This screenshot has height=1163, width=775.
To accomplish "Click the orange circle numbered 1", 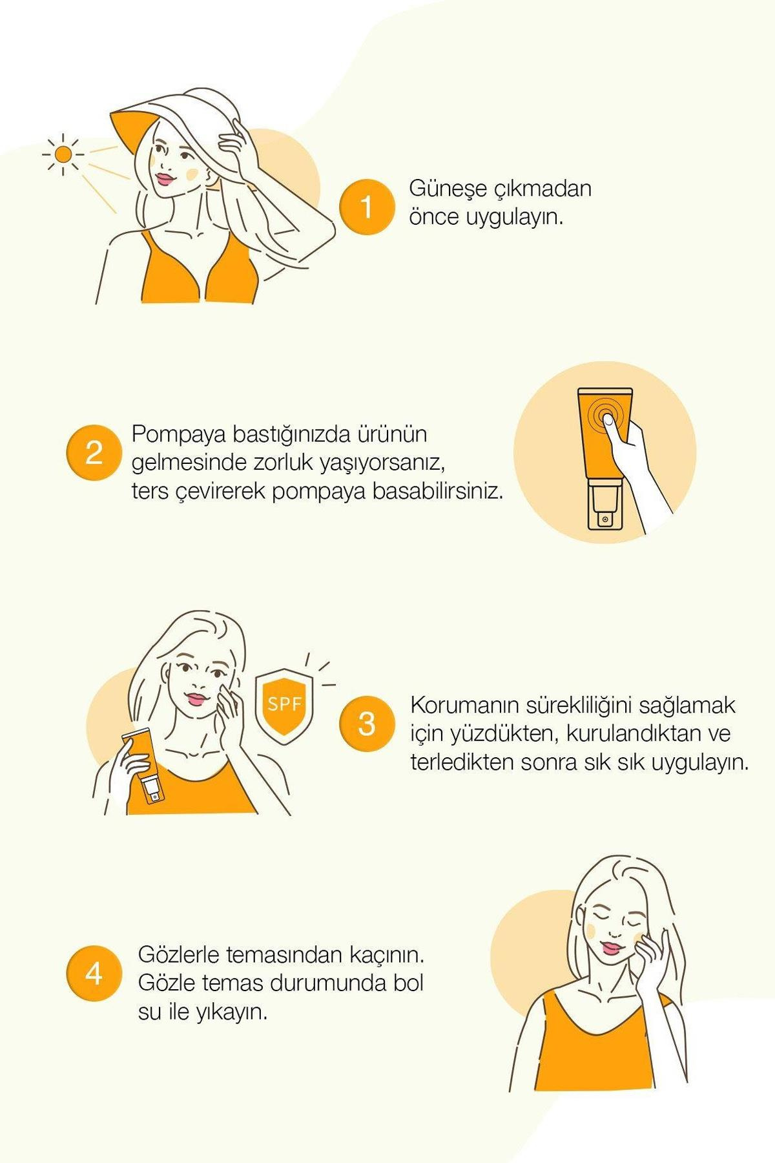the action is point(366,207).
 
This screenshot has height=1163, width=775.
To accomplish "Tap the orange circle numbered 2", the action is point(94,452).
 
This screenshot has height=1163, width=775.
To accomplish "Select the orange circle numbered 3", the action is point(366,724).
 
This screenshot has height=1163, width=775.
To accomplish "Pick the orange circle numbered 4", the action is point(94,973).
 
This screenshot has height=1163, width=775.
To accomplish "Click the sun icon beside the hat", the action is point(63,154).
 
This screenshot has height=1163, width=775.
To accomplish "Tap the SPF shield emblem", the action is point(284,707).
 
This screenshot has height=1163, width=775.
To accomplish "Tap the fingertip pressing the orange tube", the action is point(608,419).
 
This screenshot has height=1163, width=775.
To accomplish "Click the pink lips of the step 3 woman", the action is point(195,698).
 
